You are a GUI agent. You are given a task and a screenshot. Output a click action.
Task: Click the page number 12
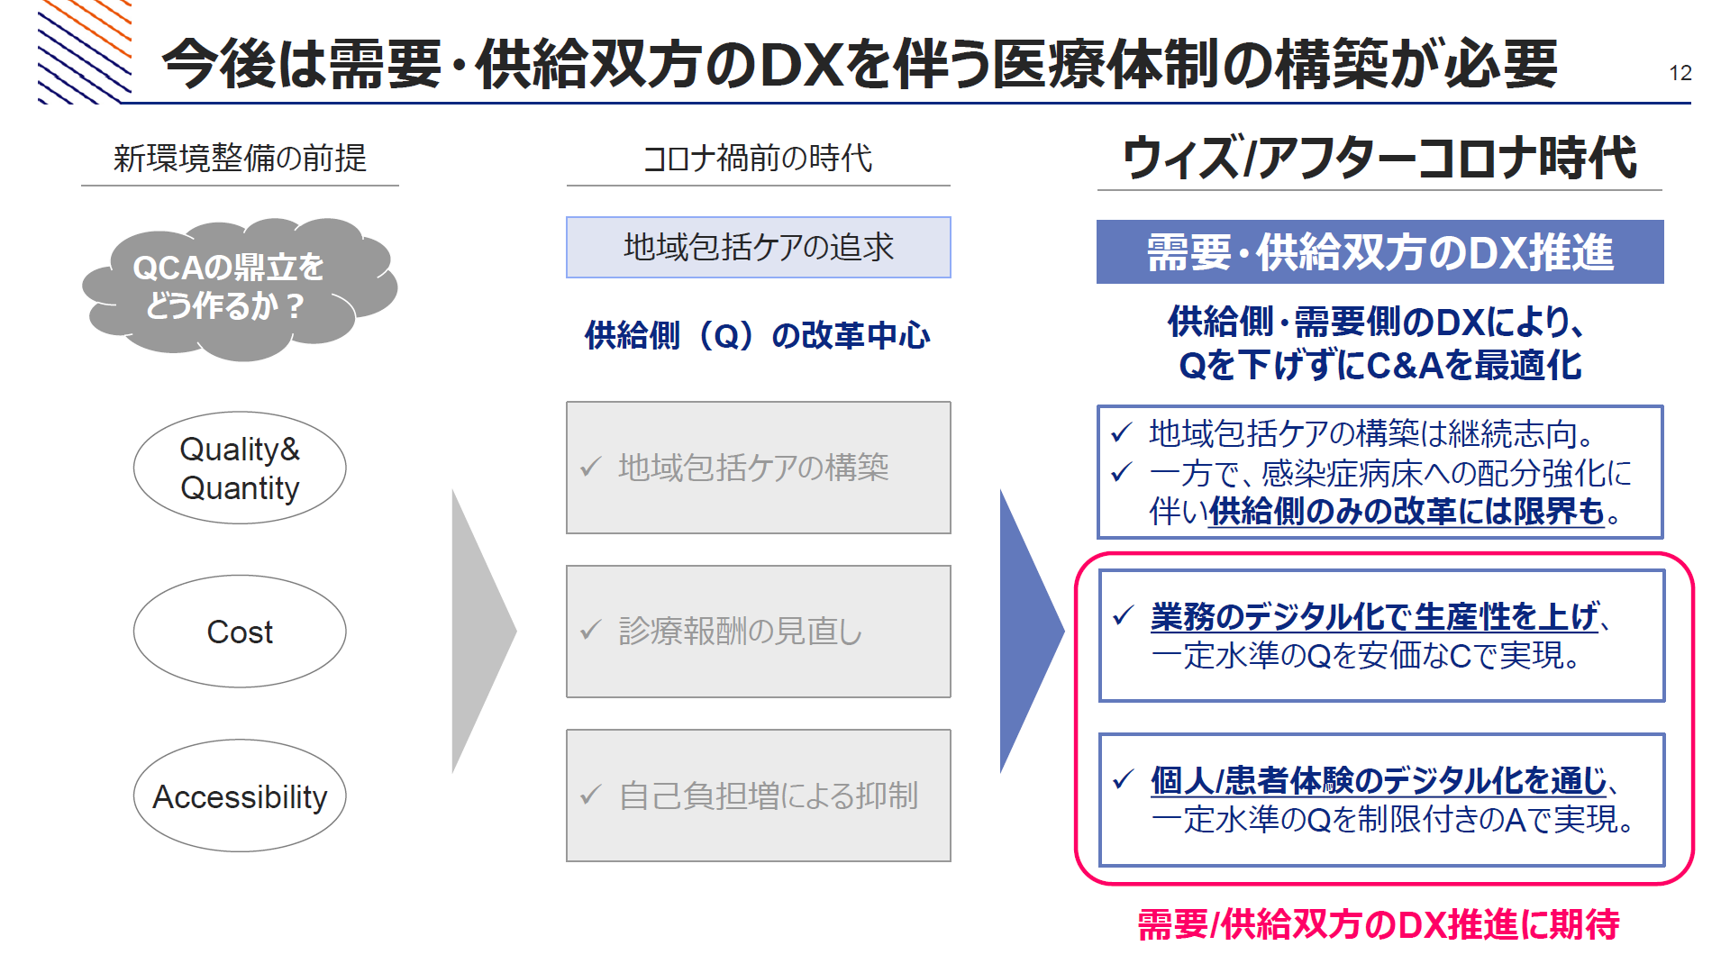click(x=1680, y=73)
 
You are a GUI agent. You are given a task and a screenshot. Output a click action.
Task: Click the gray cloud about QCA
click(x=240, y=288)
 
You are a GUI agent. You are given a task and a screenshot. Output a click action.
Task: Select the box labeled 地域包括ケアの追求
click(x=759, y=247)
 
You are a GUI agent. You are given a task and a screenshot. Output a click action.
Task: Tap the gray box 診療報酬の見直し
click(x=759, y=632)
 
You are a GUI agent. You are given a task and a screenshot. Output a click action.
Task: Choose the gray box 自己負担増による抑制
click(x=759, y=796)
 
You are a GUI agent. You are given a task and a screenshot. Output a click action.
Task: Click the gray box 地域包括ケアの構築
click(x=759, y=468)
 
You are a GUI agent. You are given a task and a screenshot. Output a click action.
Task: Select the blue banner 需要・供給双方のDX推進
click(x=1380, y=252)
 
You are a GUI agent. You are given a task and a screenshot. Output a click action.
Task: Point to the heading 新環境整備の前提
click(x=240, y=159)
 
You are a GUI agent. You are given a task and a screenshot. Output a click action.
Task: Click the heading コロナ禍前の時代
click(x=758, y=159)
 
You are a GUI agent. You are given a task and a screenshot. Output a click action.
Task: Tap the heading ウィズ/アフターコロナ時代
click(x=1379, y=158)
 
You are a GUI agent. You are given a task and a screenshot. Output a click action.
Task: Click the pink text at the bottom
click(x=1379, y=924)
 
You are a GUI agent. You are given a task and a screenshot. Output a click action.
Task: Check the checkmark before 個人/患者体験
click(x=1123, y=779)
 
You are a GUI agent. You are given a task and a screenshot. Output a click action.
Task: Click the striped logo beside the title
click(x=85, y=51)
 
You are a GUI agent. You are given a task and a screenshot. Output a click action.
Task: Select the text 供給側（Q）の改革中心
click(x=758, y=335)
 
